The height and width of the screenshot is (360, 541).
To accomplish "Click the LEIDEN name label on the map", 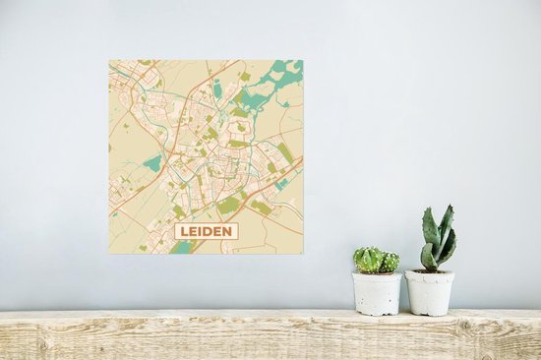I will pyautogui.click(x=206, y=232).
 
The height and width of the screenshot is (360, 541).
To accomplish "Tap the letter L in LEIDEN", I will pyautogui.click(x=184, y=232).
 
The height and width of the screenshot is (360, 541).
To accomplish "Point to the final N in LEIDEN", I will pyautogui.click(x=228, y=232).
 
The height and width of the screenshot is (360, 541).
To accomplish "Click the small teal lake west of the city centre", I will pyautogui.click(x=152, y=162).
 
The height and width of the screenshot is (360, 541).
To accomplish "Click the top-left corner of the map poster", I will pyautogui.click(x=109, y=61).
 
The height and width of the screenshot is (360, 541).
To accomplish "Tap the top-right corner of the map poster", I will pyautogui.click(x=303, y=61).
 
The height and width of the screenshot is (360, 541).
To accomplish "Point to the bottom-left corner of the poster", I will pyautogui.click(x=109, y=255).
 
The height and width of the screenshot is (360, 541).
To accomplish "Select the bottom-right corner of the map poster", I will pyautogui.click(x=303, y=255).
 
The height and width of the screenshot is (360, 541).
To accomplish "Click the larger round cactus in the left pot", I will pyautogui.click(x=369, y=260).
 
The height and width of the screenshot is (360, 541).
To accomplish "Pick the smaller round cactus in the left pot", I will pyautogui.click(x=390, y=262).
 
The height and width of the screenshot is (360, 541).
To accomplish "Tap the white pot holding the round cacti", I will pyautogui.click(x=378, y=294).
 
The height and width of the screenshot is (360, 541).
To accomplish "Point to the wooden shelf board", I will pyautogui.click(x=270, y=334).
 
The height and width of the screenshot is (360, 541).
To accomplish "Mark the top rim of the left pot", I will pyautogui.click(x=378, y=274).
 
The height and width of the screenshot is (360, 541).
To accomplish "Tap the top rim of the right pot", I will pyautogui.click(x=430, y=271).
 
